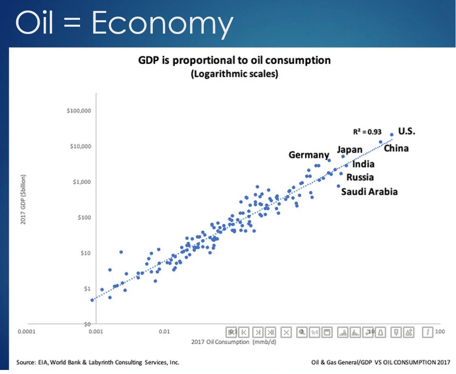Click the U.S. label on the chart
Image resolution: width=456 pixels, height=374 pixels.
(407, 131)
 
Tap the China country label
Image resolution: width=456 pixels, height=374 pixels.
(396, 148)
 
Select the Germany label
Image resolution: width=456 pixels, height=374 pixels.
(309, 155)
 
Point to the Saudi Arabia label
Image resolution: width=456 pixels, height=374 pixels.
(369, 191)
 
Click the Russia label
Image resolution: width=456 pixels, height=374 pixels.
(360, 177)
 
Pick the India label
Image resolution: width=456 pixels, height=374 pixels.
(363, 164)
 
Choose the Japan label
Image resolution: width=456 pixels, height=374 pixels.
(350, 149)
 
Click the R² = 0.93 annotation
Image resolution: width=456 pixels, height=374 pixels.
(366, 132)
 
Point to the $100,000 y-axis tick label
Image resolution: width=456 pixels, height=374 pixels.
(79, 111)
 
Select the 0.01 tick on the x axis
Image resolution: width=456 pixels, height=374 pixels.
(164, 332)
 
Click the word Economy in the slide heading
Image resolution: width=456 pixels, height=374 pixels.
(162, 23)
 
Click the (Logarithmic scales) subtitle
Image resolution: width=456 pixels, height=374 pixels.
(234, 74)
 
